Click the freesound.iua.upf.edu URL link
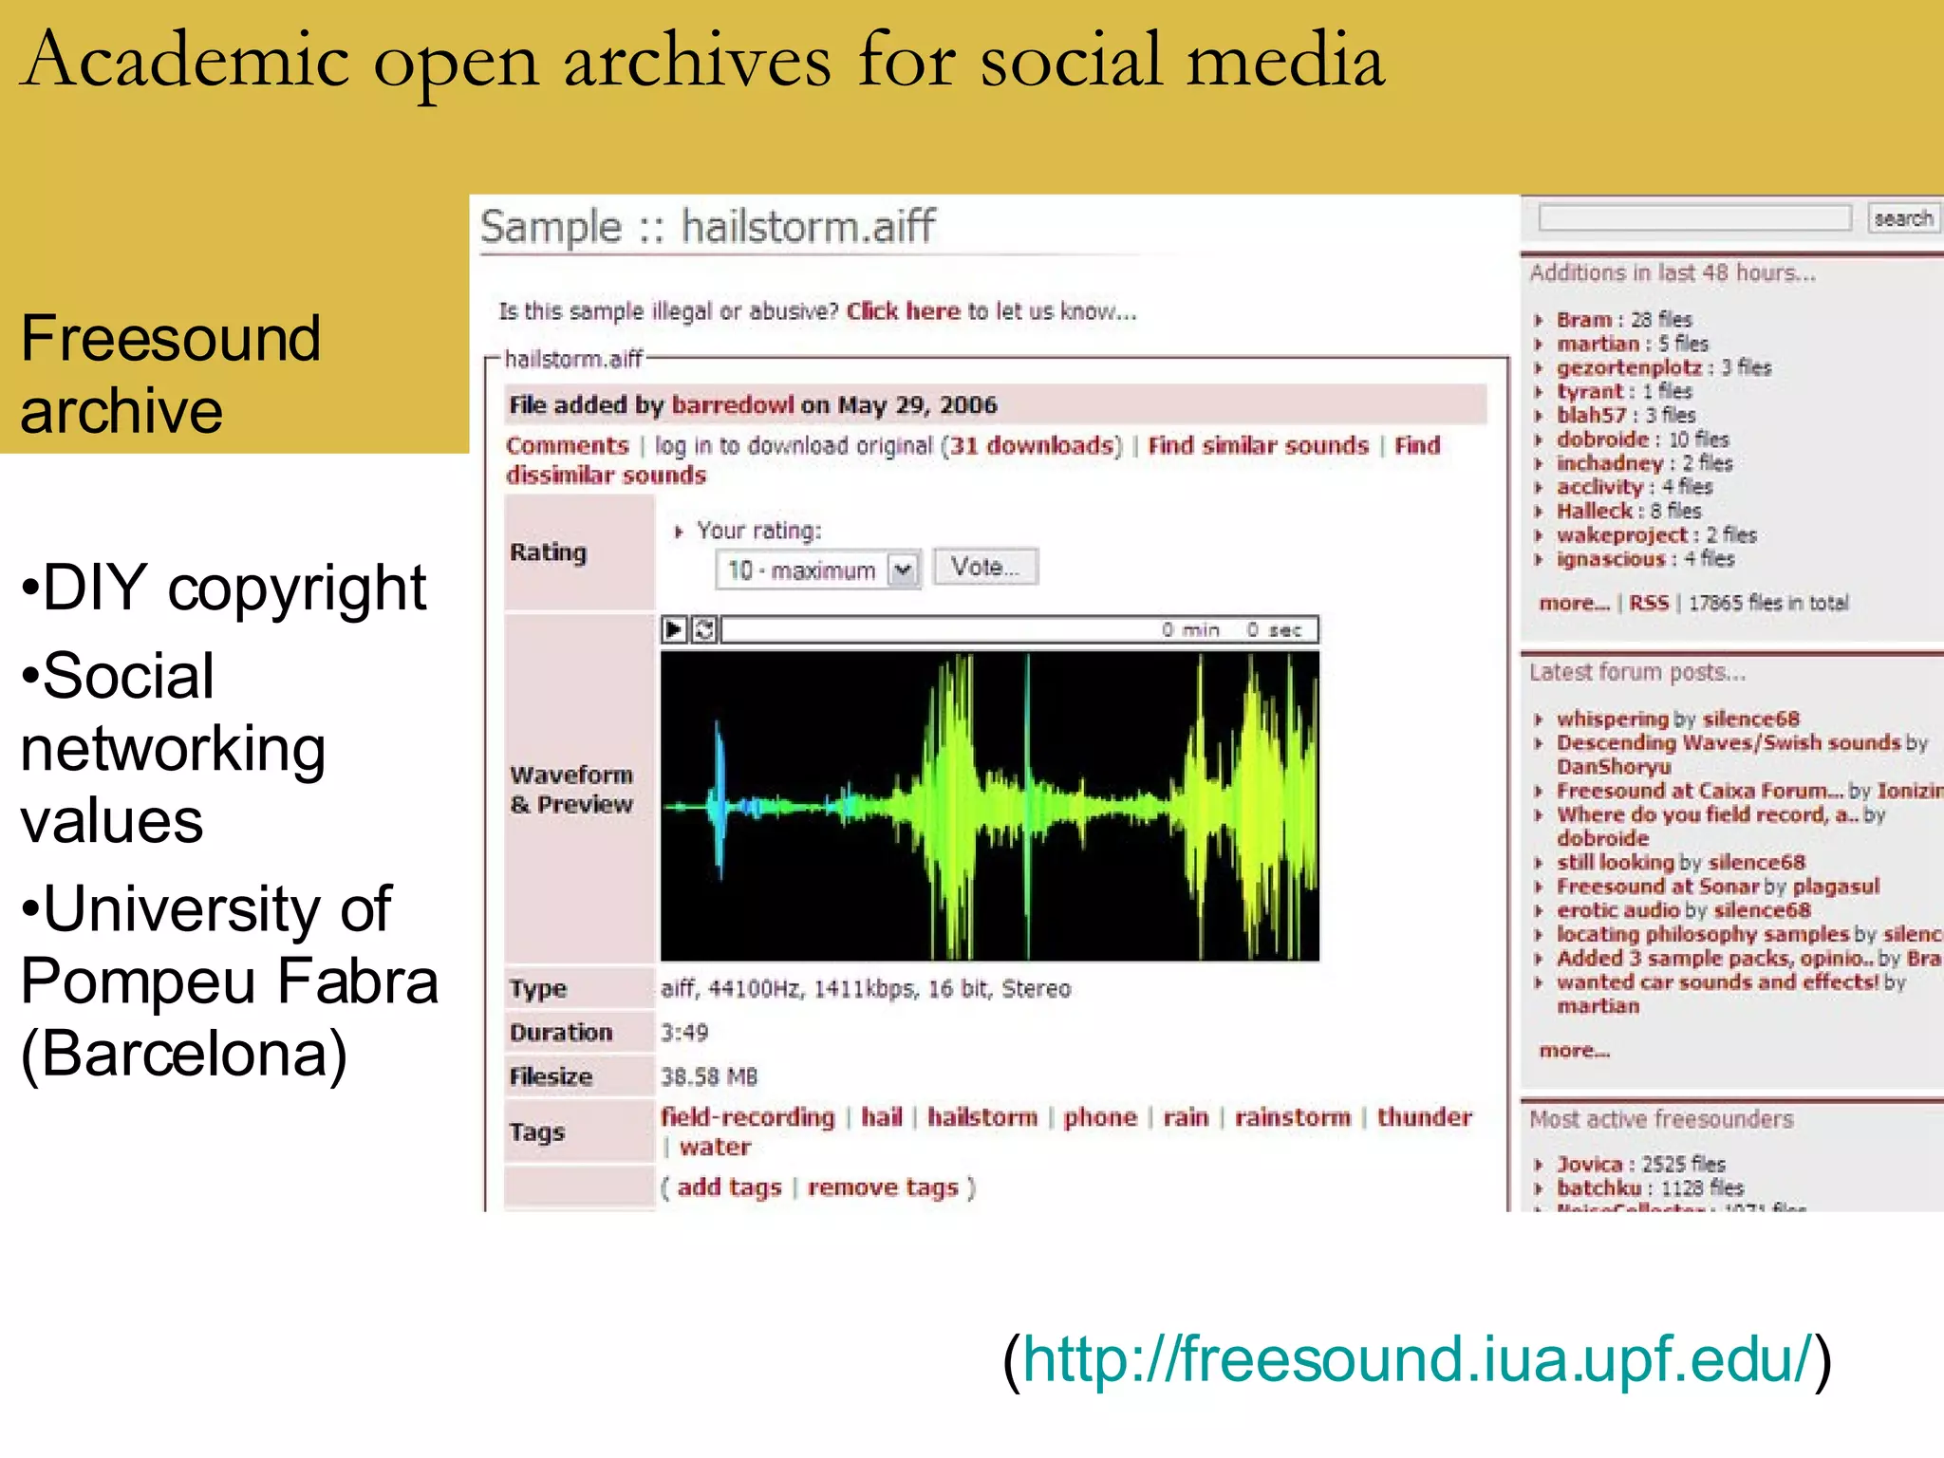click(x=1417, y=1359)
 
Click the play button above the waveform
click(x=674, y=629)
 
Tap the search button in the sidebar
click(x=1902, y=218)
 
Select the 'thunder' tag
click(x=1424, y=1117)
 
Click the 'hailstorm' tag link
click(x=982, y=1117)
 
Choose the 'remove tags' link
click(x=883, y=1187)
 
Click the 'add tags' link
click(x=729, y=1187)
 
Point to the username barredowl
click(x=732, y=405)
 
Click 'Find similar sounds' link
click(x=1258, y=446)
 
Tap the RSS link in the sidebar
click(x=1649, y=603)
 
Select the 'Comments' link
click(x=567, y=446)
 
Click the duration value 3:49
click(x=684, y=1033)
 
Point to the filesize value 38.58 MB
click(x=709, y=1076)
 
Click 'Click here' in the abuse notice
click(x=903, y=311)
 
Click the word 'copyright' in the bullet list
click(x=296, y=589)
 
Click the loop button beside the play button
click(x=704, y=629)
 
